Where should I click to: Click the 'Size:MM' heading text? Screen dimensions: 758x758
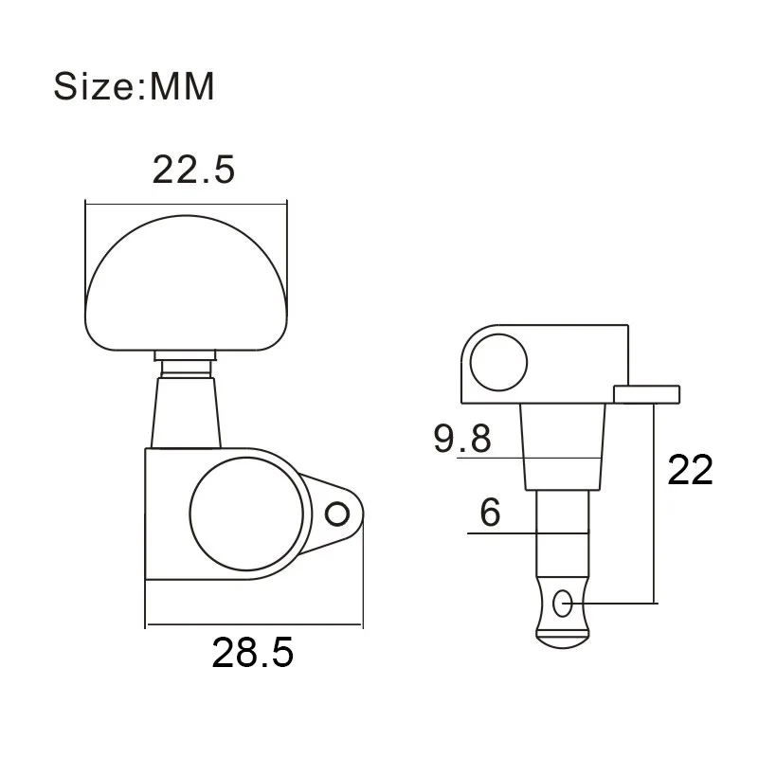(x=135, y=86)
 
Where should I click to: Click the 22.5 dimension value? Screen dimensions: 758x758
(x=193, y=171)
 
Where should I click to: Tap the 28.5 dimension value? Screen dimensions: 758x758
(x=253, y=653)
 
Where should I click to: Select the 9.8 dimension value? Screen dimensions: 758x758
(x=462, y=439)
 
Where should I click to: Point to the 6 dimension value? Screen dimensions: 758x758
(x=490, y=513)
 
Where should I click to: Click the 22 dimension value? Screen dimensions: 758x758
(x=690, y=470)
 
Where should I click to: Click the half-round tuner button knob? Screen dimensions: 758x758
(x=186, y=284)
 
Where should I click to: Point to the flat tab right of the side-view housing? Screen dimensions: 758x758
(x=647, y=392)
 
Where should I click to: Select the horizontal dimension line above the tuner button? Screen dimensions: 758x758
(x=186, y=202)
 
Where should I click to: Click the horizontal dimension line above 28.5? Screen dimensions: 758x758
(x=253, y=625)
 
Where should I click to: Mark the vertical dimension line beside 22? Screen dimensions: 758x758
(x=654, y=502)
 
